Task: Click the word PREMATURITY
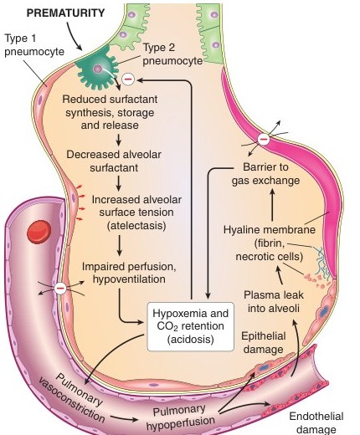click(x=65, y=13)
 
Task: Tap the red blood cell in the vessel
click(x=39, y=232)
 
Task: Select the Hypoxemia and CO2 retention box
click(x=191, y=326)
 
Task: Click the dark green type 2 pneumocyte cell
click(x=97, y=69)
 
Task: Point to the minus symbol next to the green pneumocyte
click(x=128, y=79)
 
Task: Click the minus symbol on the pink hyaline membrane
click(x=264, y=139)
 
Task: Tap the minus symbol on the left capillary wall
click(x=60, y=288)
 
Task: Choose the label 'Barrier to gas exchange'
click(x=265, y=174)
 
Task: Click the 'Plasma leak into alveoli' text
click(x=274, y=301)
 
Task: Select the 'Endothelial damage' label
click(x=316, y=422)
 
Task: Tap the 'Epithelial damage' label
click(x=264, y=342)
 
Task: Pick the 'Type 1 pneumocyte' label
click(x=34, y=45)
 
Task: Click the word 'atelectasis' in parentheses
click(x=136, y=225)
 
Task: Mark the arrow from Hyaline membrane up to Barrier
click(x=273, y=205)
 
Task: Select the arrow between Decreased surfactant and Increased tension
click(x=119, y=183)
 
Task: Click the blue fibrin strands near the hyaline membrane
click(x=322, y=263)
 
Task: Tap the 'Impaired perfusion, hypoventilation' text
click(x=129, y=273)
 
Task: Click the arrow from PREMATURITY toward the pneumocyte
click(x=74, y=36)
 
